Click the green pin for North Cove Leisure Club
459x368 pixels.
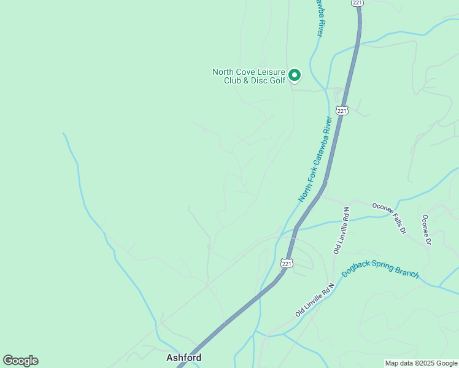coord(294,75)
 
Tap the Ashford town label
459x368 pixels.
coord(183,357)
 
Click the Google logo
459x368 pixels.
coord(20,361)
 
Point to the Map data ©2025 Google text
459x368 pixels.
coord(421,363)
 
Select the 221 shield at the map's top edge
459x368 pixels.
coord(358,3)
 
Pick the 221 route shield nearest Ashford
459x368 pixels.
coord(287,263)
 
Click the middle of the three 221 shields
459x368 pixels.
coord(342,111)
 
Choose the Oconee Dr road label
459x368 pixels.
coord(426,230)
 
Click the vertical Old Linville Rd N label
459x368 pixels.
coord(342,230)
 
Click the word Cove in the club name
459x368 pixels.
coord(247,72)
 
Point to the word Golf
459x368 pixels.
coord(278,80)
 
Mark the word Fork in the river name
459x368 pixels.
coord(307,183)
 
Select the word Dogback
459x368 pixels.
coord(357,270)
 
